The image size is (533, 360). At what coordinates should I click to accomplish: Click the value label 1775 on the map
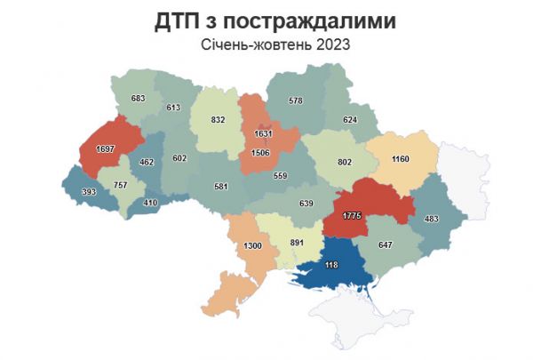(x=351, y=215)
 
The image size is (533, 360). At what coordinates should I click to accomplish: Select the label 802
(x=346, y=163)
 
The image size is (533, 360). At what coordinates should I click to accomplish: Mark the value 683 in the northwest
(x=138, y=99)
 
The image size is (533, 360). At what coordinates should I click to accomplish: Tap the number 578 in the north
(x=296, y=101)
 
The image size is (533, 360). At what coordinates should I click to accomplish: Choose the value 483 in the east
(x=432, y=219)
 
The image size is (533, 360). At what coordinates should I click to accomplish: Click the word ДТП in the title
(x=177, y=21)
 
